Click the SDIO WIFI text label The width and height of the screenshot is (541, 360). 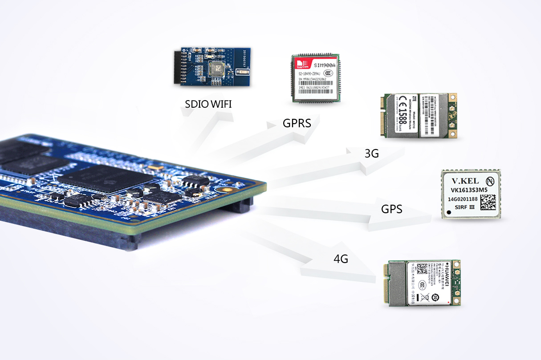208,105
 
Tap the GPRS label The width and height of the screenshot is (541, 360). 297,123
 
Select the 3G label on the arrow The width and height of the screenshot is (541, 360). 371,154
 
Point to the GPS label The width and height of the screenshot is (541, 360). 392,209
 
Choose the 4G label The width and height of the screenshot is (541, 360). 341,258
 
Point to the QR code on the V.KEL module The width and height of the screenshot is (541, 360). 488,202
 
